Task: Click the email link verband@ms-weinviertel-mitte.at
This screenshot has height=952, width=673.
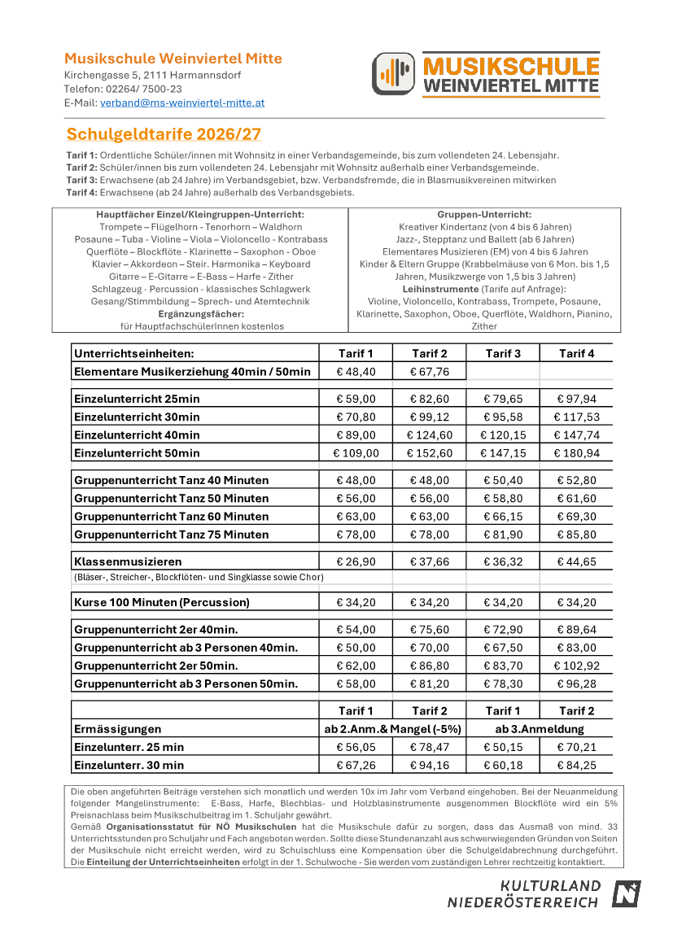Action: tap(182, 103)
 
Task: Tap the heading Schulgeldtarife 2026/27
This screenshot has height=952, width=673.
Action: tap(164, 134)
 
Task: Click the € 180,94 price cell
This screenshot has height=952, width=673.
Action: tap(576, 453)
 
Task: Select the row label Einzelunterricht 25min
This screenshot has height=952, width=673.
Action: tap(137, 400)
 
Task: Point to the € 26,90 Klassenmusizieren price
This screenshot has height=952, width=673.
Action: tap(356, 562)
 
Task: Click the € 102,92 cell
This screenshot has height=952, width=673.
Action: tap(576, 666)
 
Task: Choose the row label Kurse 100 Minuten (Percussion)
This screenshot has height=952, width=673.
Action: tap(162, 603)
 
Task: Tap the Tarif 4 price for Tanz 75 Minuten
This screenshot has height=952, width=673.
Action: tap(576, 535)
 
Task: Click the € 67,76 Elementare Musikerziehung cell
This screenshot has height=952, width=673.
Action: tap(429, 372)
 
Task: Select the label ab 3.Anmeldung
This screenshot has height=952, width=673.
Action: tap(540, 729)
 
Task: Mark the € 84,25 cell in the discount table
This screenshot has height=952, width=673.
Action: tap(576, 766)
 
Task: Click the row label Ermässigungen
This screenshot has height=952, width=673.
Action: tap(118, 729)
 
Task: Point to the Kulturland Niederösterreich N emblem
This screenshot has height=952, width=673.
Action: tap(627, 893)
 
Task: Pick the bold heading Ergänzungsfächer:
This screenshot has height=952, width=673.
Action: tap(199, 313)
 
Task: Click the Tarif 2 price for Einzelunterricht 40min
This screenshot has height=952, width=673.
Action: tap(429, 435)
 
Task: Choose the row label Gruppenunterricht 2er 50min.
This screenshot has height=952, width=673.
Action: tap(156, 666)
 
